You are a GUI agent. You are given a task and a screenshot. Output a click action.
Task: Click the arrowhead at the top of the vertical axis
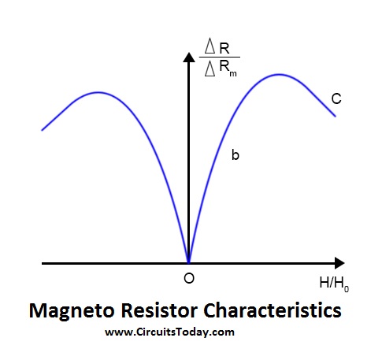(x=189, y=58)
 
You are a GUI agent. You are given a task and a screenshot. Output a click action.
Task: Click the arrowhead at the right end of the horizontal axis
(x=339, y=263)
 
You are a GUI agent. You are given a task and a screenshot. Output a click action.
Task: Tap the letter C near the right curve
(x=336, y=98)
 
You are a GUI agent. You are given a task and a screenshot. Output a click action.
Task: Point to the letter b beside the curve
(x=236, y=154)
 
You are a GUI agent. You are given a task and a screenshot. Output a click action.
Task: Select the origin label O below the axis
(x=189, y=278)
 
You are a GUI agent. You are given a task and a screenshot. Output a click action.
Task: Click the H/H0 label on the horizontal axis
(x=334, y=284)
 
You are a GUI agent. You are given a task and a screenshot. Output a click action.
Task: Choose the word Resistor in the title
(x=159, y=310)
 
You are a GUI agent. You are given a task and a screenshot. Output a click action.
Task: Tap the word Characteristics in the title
(x=273, y=310)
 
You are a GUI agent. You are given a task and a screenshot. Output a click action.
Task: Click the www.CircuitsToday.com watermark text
(x=169, y=332)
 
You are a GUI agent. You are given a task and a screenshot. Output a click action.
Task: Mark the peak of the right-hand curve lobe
(x=280, y=75)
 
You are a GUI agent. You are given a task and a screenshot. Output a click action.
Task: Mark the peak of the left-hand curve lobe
(x=98, y=92)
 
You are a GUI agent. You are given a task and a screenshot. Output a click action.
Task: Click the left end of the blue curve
(x=43, y=130)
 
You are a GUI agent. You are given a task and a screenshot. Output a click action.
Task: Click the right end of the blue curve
(x=336, y=116)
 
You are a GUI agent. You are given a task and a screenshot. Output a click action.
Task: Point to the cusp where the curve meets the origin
(x=188, y=262)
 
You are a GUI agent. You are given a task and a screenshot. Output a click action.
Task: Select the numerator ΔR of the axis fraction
(x=217, y=46)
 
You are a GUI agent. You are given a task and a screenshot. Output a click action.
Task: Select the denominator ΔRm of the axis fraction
(x=221, y=68)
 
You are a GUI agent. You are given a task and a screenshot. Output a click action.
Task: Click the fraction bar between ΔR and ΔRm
(x=220, y=57)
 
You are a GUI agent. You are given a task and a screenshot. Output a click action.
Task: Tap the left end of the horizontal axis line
(x=43, y=263)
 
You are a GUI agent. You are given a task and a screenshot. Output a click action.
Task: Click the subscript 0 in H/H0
(x=347, y=288)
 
